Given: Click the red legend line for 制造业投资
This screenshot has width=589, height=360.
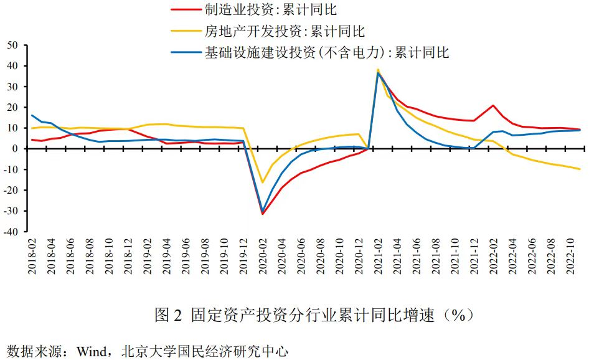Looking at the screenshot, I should coord(186,10).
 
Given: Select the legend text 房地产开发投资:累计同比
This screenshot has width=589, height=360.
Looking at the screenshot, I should coord(285,31).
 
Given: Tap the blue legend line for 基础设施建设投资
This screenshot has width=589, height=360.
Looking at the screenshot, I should coord(186,52).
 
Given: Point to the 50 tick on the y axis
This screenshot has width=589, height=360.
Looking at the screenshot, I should coord(13,45).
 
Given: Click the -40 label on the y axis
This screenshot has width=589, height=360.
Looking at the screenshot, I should coord(12,232).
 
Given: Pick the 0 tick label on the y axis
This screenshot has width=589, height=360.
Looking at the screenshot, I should coord(16,149).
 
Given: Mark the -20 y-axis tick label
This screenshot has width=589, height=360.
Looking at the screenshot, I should coord(12,190).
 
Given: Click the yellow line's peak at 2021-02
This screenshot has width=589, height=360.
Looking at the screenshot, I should coord(378,70).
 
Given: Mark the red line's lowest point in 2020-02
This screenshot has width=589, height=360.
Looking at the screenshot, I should coord(263,214).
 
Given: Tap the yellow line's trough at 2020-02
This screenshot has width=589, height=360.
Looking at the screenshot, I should coord(263,182).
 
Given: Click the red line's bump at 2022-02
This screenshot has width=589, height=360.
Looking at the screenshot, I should coord(493,105).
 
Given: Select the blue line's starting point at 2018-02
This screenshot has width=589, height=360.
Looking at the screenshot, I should coord(32,115).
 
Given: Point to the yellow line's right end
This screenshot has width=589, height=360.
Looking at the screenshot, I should coord(580,169).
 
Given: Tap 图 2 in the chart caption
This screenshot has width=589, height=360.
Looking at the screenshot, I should coord(167,315).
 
